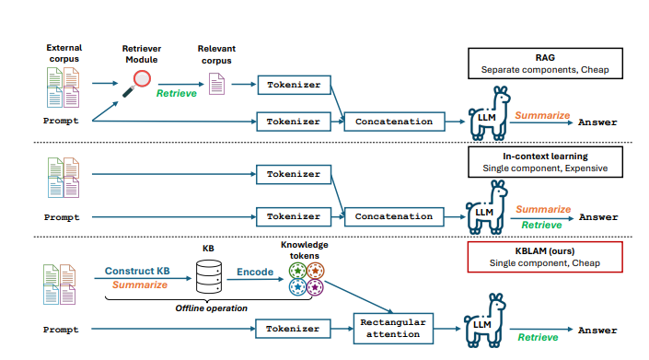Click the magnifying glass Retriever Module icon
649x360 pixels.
click(x=139, y=81)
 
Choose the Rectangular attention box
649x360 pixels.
click(x=392, y=328)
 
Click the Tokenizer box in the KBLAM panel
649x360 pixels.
click(x=294, y=329)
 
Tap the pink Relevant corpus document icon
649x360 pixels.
click(x=217, y=86)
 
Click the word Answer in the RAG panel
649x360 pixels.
click(x=597, y=122)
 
